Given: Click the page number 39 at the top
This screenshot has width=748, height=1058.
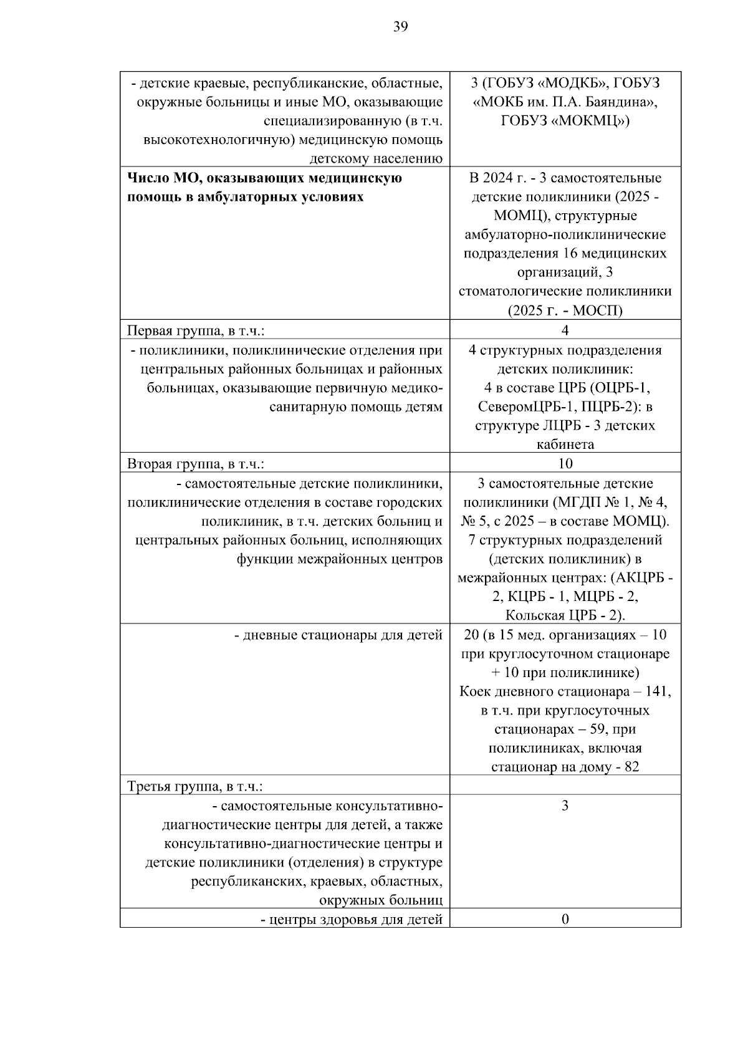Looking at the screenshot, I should tap(400, 26).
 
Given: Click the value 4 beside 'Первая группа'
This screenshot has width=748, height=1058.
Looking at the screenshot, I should tap(565, 330).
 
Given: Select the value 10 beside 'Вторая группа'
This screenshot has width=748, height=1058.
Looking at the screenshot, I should tap(565, 463).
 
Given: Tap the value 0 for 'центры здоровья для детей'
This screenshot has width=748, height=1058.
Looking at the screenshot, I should tap(565, 919).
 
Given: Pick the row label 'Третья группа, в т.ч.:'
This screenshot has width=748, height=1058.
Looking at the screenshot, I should tap(195, 786).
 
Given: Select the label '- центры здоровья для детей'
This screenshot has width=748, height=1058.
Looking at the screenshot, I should tap(352, 919).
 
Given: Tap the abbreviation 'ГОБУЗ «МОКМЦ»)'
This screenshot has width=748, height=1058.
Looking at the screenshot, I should tap(565, 121).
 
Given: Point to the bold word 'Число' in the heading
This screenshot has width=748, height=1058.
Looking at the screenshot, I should tap(146, 178).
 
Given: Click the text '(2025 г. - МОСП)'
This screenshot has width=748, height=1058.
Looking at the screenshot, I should tap(565, 310).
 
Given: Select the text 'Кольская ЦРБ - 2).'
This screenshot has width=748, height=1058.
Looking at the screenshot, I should tap(565, 615).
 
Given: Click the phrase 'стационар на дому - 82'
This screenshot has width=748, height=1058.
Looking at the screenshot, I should tap(565, 767).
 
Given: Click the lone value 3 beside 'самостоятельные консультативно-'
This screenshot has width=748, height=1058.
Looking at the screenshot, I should tap(565, 806).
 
